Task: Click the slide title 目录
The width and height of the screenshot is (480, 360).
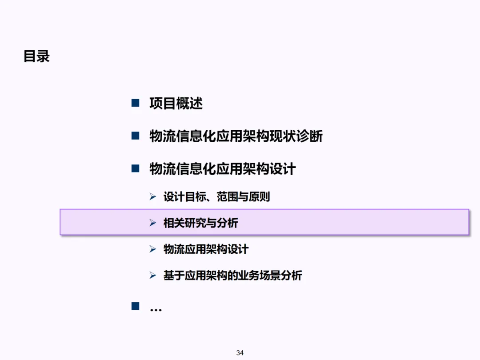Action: [x=36, y=57]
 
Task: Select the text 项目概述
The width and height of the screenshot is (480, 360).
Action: [x=176, y=104]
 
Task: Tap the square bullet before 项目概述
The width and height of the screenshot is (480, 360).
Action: [x=136, y=103]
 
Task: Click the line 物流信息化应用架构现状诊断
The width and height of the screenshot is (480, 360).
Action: [x=236, y=136]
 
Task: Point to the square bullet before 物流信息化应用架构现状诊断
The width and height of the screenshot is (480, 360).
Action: [x=136, y=136]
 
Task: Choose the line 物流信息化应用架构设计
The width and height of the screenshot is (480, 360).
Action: [x=223, y=169]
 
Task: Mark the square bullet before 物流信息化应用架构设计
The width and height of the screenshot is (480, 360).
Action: [x=136, y=168]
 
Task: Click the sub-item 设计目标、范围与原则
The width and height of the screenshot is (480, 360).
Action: [x=216, y=196]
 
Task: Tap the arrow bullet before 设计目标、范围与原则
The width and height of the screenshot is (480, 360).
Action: [x=153, y=196]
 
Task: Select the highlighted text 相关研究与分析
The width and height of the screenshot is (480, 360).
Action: [x=200, y=223]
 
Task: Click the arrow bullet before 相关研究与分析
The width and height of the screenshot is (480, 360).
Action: [x=153, y=223]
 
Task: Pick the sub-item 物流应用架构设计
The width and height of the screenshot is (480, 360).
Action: [x=206, y=249]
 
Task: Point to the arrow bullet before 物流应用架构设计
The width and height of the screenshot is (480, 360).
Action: [x=153, y=249]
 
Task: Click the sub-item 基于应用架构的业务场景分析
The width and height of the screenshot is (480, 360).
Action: [x=232, y=276]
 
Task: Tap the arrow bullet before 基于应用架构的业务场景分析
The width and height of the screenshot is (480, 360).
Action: [x=153, y=275]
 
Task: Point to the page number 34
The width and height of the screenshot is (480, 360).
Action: [x=240, y=353]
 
